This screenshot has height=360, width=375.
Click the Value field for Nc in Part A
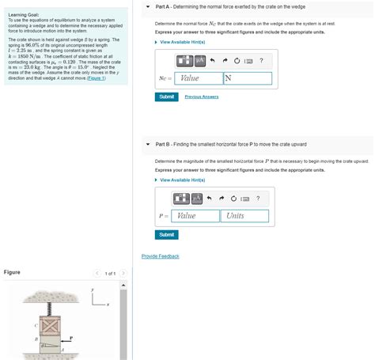(x=197, y=78)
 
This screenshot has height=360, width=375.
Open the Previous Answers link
(x=201, y=97)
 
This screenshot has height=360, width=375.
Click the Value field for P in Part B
(x=195, y=215)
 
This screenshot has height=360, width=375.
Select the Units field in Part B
(x=244, y=215)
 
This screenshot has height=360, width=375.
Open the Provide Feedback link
(x=160, y=256)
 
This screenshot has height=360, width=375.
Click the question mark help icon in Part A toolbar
(x=261, y=61)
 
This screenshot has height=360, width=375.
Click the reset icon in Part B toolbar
(x=235, y=199)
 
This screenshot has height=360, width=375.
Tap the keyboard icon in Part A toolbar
(x=249, y=61)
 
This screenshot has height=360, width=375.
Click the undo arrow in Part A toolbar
(x=214, y=61)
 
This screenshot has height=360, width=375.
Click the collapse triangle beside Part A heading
(x=148, y=6)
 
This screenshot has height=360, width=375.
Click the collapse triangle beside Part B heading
(x=148, y=144)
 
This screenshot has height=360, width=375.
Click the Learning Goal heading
(x=25, y=14)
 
